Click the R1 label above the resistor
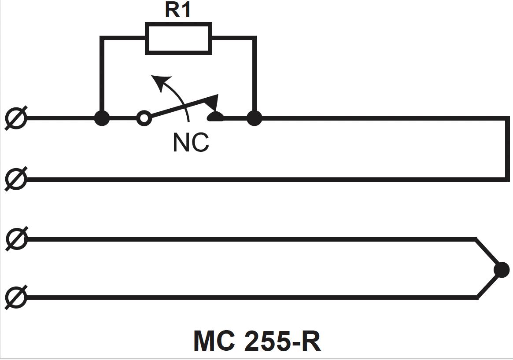[177, 10]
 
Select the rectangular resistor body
[179, 39]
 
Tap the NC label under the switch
[191, 142]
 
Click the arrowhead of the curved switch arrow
[161, 82]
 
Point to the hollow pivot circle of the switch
[144, 118]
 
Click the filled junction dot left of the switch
[102, 118]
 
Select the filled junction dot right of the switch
[254, 118]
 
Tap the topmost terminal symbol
[16, 118]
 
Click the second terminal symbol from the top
[16, 179]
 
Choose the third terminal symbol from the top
[16, 239]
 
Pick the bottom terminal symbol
[16, 297]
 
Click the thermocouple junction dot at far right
[502, 270]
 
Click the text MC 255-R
[258, 341]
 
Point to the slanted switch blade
[183, 106]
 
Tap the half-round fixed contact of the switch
[216, 116]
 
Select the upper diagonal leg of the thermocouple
[487, 252]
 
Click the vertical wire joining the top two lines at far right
[507, 149]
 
